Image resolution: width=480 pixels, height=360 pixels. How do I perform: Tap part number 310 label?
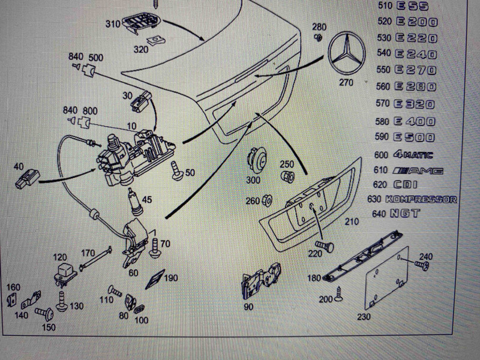[x=112, y=26]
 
